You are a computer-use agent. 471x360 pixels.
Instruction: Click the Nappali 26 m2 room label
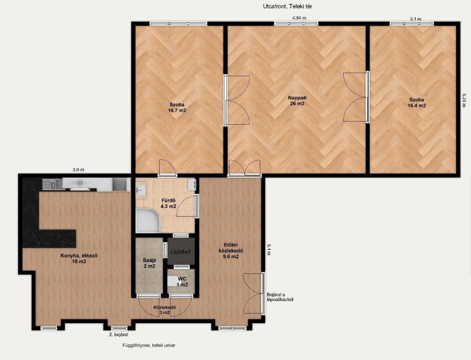(x=297, y=100)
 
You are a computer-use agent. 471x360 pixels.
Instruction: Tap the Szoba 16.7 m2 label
(x=177, y=107)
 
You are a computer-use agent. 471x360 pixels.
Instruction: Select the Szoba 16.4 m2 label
(x=417, y=103)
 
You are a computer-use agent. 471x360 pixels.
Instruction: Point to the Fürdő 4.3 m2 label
(x=168, y=203)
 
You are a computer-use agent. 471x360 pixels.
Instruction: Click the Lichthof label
(x=181, y=252)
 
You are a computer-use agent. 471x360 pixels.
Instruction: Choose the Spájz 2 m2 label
(x=149, y=263)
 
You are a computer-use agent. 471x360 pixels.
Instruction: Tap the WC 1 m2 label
(x=182, y=282)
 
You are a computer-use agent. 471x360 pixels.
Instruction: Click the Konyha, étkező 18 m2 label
(x=79, y=259)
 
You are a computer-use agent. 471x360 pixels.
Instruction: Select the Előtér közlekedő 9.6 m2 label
(x=231, y=251)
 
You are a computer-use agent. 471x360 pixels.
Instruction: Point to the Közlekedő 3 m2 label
(x=165, y=310)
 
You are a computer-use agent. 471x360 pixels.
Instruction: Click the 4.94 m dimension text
(x=299, y=18)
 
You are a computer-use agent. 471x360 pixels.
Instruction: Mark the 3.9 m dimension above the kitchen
(x=78, y=169)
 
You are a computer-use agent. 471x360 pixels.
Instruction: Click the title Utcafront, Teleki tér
(x=287, y=6)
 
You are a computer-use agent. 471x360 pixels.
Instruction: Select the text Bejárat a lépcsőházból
(x=280, y=297)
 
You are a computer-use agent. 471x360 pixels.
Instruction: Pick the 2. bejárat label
(x=118, y=334)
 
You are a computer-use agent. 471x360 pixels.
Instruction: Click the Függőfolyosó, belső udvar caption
(x=149, y=345)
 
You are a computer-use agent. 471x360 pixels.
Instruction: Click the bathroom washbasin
(x=140, y=190)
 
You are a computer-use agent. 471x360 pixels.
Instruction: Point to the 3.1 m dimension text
(x=415, y=19)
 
